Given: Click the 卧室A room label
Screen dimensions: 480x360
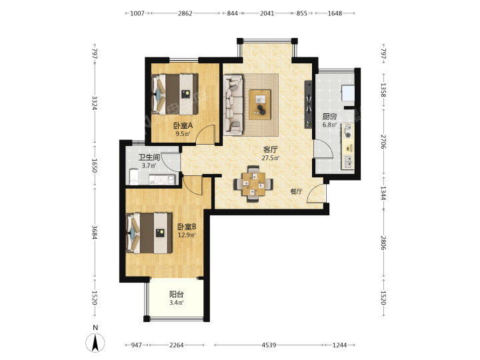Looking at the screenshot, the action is click(x=183, y=125).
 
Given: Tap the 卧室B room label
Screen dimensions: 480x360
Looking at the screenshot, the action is click(x=187, y=227).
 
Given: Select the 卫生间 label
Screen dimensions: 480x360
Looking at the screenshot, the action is click(x=149, y=157).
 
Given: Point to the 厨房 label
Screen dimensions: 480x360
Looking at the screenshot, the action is click(x=330, y=117).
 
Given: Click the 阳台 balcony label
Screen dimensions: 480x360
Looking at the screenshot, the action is click(x=177, y=295).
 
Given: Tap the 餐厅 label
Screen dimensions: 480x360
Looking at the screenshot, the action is click(x=296, y=191).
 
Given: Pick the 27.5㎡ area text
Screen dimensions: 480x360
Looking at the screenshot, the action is click(x=271, y=158).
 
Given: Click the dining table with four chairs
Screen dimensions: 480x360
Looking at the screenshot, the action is click(x=253, y=184).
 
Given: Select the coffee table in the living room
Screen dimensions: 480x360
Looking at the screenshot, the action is click(x=260, y=105).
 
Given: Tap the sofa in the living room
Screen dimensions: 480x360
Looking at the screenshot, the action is click(x=233, y=105).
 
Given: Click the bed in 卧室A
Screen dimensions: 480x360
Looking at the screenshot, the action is click(x=175, y=94).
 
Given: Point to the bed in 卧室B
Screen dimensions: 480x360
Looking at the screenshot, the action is click(x=149, y=233).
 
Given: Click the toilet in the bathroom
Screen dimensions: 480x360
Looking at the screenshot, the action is click(x=134, y=177).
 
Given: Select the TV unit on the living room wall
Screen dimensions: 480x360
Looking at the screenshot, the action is click(x=308, y=105).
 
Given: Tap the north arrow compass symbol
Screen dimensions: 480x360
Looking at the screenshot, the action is click(x=95, y=343).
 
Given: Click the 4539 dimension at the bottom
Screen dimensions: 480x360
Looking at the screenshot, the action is click(x=269, y=345).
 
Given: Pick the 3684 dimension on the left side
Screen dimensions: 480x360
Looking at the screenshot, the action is click(x=95, y=233).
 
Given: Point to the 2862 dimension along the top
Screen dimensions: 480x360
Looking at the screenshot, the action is click(x=185, y=13).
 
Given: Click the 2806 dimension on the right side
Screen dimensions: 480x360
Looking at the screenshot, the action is click(x=383, y=243).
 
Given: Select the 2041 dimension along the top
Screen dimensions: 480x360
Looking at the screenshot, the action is click(x=267, y=13).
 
